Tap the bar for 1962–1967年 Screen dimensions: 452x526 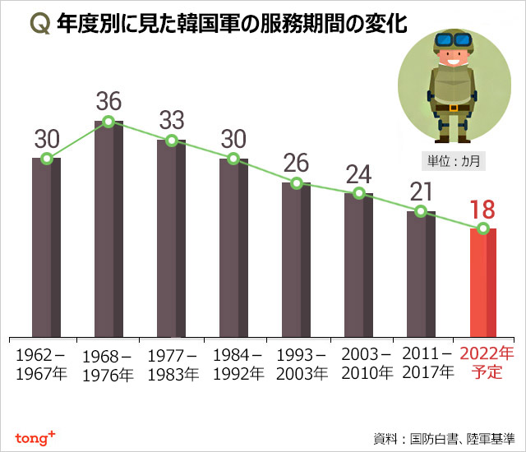pos(46,247)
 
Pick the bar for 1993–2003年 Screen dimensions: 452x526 pos(296,259)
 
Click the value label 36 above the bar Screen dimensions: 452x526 pos(108,102)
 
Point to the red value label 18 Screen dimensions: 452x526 pos(483,210)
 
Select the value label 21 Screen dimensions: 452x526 pos(420,191)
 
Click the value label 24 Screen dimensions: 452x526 pos(358,174)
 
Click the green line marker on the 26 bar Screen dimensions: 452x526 pos(296,183)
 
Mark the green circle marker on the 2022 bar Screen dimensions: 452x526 pos(483,228)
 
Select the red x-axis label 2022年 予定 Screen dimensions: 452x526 pos(487,363)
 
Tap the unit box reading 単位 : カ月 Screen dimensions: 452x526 pos(451,160)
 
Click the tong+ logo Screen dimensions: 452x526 pos(35,436)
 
